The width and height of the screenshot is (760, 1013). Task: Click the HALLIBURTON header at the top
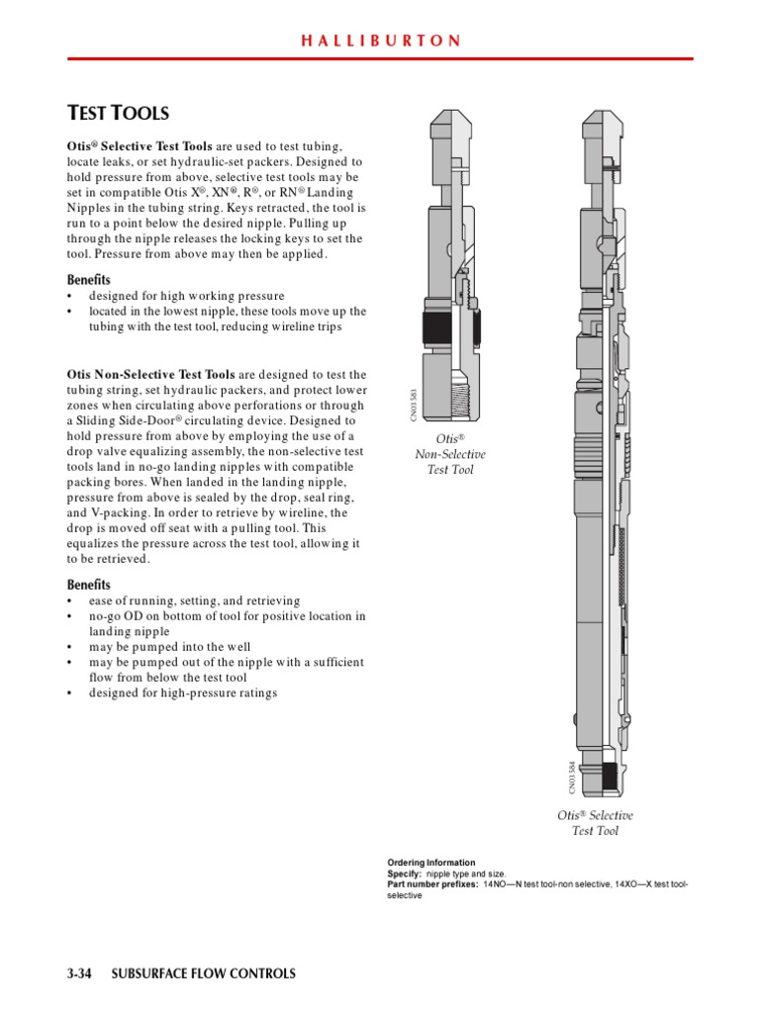click(x=380, y=42)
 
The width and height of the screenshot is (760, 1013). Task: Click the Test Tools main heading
click(x=118, y=114)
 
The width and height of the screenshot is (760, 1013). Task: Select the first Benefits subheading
click(x=89, y=280)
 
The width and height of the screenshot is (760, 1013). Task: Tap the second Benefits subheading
click(x=89, y=585)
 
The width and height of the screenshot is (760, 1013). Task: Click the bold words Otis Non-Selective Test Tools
click(x=150, y=375)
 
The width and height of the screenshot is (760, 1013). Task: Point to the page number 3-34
click(x=79, y=973)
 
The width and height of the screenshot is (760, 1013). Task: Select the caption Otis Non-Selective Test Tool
click(x=449, y=453)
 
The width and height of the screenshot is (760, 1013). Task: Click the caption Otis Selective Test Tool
click(x=595, y=823)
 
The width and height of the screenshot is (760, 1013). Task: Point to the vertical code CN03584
click(x=571, y=777)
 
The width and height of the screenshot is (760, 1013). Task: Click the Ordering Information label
click(x=430, y=863)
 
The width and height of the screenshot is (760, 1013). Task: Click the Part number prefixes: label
click(x=431, y=884)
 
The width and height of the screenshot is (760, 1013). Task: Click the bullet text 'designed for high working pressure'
click(x=186, y=296)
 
